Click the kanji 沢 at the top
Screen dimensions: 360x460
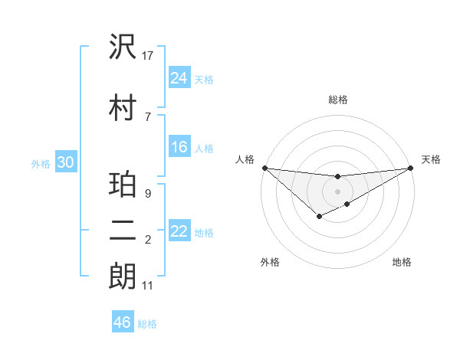pyautogui.click(x=123, y=47)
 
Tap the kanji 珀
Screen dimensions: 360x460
pyautogui.click(x=123, y=186)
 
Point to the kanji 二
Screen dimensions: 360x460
pyautogui.click(x=123, y=232)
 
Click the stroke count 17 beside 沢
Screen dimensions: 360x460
pyautogui.click(x=148, y=56)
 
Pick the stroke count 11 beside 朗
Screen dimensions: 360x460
pyautogui.click(x=148, y=286)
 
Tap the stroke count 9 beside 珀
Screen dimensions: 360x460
pyautogui.click(x=148, y=194)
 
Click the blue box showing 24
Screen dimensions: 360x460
pyautogui.click(x=179, y=77)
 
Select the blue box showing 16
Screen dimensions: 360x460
pyautogui.click(x=179, y=147)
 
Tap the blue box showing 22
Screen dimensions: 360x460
pyautogui.click(x=179, y=231)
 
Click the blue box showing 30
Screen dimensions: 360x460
pyautogui.click(x=65, y=162)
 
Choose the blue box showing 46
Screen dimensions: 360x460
pyautogui.click(x=123, y=322)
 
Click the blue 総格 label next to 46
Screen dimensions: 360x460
pyautogui.click(x=147, y=324)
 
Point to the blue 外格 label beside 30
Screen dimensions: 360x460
pyautogui.click(x=41, y=163)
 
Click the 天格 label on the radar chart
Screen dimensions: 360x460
pyautogui.click(x=431, y=159)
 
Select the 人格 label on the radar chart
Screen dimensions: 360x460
pyautogui.click(x=245, y=159)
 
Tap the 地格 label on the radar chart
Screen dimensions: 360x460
pyautogui.click(x=402, y=263)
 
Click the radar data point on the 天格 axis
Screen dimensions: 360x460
pyautogui.click(x=411, y=168)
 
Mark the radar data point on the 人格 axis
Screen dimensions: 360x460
pyautogui.click(x=264, y=168)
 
